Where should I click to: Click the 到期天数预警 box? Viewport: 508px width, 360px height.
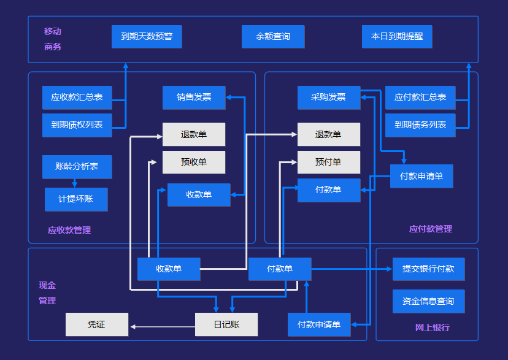(x=147, y=36)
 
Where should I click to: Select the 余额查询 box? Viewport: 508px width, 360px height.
(x=273, y=36)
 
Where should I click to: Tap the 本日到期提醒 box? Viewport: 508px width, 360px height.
(x=397, y=36)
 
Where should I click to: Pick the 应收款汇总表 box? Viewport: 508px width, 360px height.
(x=77, y=97)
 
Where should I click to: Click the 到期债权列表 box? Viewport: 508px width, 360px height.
(x=77, y=125)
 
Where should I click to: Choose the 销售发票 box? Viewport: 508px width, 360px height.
(x=194, y=97)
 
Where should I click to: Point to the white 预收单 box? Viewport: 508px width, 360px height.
(x=194, y=162)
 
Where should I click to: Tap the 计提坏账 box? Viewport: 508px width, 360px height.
(x=76, y=199)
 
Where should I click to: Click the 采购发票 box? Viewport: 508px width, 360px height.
(x=328, y=97)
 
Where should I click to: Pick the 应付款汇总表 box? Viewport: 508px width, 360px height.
(x=420, y=97)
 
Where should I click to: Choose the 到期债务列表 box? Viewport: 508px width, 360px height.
(x=420, y=125)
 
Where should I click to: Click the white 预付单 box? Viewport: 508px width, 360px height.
(x=328, y=162)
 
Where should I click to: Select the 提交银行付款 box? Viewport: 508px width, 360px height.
(x=428, y=269)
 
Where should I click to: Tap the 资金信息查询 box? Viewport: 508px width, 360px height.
(x=428, y=301)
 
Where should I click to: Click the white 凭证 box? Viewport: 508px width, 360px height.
(x=97, y=324)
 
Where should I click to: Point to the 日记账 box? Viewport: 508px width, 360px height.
(x=226, y=324)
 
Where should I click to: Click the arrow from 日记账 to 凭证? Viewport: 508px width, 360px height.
(x=162, y=326)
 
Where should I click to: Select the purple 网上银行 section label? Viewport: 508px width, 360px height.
(x=432, y=327)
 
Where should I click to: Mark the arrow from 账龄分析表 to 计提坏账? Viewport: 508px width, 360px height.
(x=74, y=183)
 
